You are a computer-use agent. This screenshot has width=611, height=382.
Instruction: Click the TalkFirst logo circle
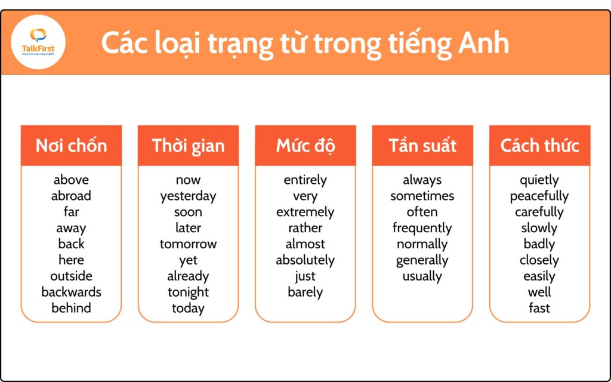(38, 42)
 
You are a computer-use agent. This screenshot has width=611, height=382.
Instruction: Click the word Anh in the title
(483, 43)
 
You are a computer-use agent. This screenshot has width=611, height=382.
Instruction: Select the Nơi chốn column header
(72, 146)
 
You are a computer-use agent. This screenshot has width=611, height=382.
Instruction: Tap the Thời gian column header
(188, 146)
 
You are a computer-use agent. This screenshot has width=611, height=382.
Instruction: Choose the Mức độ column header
(305, 146)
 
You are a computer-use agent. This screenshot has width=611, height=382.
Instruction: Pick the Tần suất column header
(422, 146)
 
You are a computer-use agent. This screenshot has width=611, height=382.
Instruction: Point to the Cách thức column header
(539, 146)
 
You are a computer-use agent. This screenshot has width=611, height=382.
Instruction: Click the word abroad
(72, 196)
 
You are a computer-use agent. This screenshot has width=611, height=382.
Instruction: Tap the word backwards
(72, 292)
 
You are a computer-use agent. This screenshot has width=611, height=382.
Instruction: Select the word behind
(72, 308)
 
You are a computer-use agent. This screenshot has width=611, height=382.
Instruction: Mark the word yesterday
(188, 196)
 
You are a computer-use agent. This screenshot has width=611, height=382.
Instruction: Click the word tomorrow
(188, 244)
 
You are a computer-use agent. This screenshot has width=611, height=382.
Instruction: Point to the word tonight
(188, 292)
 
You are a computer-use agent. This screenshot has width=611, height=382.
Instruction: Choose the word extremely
(305, 212)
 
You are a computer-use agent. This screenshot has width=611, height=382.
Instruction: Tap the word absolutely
(305, 260)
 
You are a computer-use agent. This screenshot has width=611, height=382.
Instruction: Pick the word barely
(305, 292)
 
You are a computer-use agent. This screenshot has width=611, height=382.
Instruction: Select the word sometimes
(422, 196)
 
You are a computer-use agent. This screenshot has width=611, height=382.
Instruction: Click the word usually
(422, 277)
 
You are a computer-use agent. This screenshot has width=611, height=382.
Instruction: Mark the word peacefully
(539, 196)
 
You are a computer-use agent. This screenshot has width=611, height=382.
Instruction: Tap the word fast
(539, 308)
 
